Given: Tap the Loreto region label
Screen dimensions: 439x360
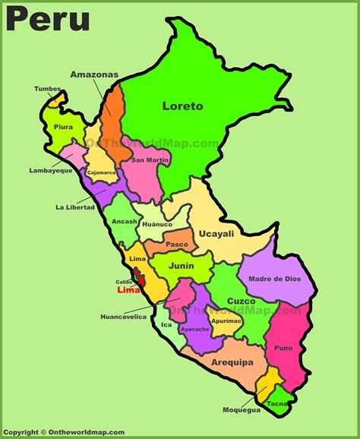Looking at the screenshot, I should coord(183,106).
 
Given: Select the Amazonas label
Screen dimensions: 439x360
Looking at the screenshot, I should coord(95,74).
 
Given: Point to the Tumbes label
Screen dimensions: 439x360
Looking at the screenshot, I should coord(47,89).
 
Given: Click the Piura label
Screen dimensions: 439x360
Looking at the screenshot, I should coord(64,127).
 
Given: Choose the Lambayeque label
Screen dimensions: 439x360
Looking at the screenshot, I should coord(51,170).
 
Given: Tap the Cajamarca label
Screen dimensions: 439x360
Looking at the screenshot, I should coord(102,172).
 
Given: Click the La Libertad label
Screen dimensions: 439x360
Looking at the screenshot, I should coord(75,207).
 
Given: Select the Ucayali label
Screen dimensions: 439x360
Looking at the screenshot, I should coord(216,234).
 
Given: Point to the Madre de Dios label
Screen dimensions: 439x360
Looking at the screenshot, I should coord(274,279).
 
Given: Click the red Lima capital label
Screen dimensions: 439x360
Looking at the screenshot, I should coord(128,290).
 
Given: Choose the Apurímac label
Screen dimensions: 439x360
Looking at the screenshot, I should coord(226,321).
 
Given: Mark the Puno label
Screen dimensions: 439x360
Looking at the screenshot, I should coord(283,348).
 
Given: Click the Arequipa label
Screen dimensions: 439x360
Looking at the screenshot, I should coord(232,362).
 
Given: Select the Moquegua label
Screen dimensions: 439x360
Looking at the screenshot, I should coord(242,410).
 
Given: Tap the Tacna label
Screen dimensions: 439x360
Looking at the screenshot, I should coord(276,404).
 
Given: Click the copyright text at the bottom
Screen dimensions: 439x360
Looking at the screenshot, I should coord(65,432).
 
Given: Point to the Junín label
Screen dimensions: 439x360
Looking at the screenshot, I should coord(182,265).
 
